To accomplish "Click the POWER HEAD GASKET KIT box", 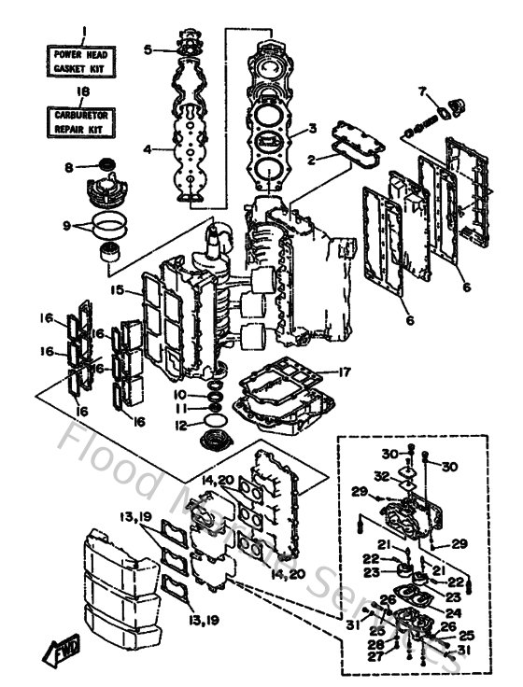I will [82, 62].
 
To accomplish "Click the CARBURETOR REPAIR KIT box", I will [82, 119].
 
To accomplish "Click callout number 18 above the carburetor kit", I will [82, 91].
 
